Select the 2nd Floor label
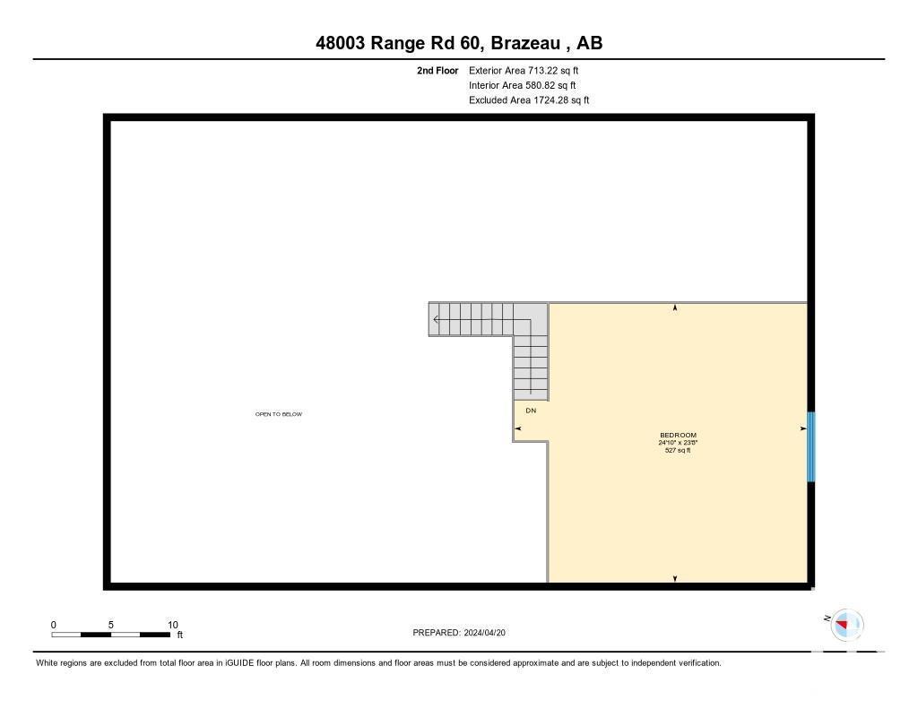(x=437, y=70)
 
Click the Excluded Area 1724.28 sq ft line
(x=529, y=100)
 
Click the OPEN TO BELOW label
(x=279, y=414)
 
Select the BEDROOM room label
(x=678, y=436)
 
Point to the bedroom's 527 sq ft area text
(x=678, y=450)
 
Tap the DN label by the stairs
(x=531, y=411)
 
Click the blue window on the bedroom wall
(x=810, y=446)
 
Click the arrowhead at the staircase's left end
(x=436, y=319)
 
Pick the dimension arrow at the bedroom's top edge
(x=675, y=307)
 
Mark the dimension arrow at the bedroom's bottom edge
(x=675, y=579)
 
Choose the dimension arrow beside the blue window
(x=802, y=429)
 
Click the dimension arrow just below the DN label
(x=518, y=429)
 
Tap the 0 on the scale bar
(x=54, y=625)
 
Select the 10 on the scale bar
(x=173, y=625)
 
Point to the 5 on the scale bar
(x=111, y=625)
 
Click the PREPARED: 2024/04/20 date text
(x=460, y=633)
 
